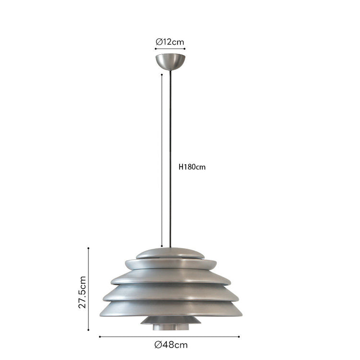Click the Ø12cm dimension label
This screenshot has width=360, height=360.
[x=170, y=42]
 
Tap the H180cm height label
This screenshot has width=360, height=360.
[x=192, y=167]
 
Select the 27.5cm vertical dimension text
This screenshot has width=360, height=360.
[x=82, y=292]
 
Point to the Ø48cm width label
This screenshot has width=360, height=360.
[x=171, y=345]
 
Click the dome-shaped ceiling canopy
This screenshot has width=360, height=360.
[x=170, y=61]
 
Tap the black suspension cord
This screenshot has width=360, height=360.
[x=170, y=159]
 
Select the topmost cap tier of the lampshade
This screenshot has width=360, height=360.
[x=170, y=253]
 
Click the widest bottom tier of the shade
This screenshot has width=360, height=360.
[x=171, y=309]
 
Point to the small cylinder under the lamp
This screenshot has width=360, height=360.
[x=171, y=327]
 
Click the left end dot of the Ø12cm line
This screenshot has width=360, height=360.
[x=156, y=48]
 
